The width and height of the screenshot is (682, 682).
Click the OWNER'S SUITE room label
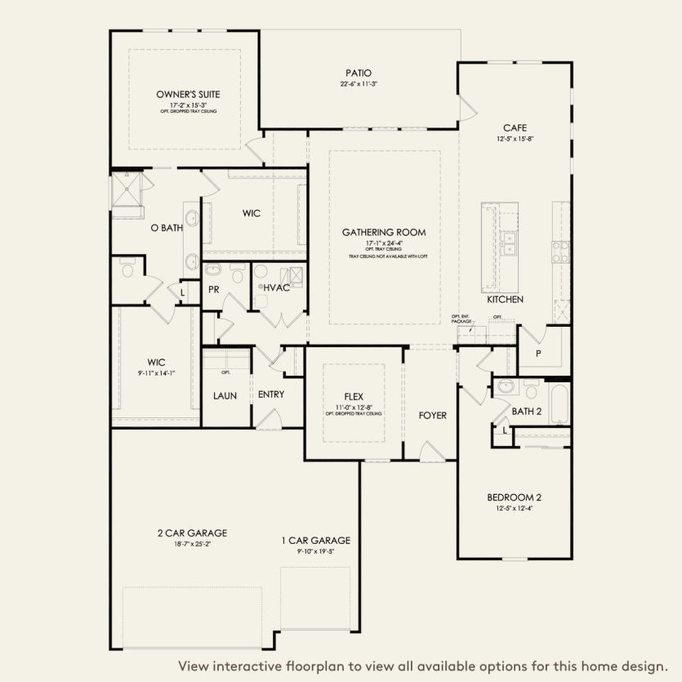click(188, 94)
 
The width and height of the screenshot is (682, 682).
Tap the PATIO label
click(359, 73)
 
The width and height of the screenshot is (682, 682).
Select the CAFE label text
click(514, 127)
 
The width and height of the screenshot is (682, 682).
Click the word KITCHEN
click(505, 300)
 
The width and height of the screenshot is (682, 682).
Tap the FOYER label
click(432, 416)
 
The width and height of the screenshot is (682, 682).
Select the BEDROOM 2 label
click(514, 497)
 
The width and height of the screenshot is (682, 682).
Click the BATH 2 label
click(527, 411)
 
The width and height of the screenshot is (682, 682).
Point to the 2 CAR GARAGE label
click(192, 533)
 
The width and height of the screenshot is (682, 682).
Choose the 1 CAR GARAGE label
click(315, 540)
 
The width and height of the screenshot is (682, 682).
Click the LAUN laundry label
click(225, 395)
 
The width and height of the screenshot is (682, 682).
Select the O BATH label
click(167, 228)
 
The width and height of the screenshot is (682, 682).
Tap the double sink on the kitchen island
click(510, 243)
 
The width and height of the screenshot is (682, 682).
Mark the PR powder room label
click(214, 289)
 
